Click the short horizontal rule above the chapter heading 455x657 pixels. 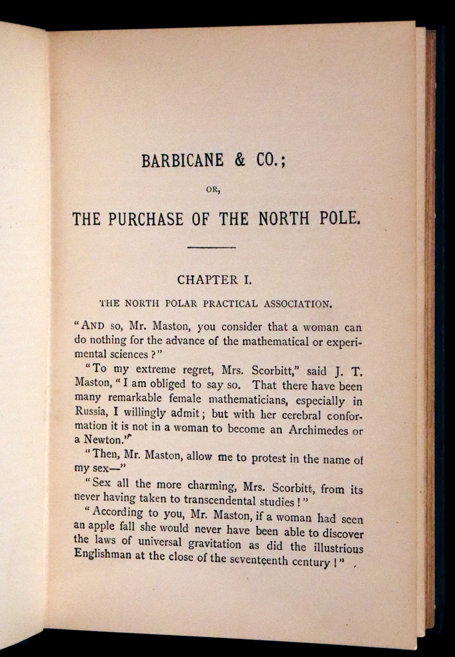click(210, 246)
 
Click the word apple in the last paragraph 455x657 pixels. click(103, 522)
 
